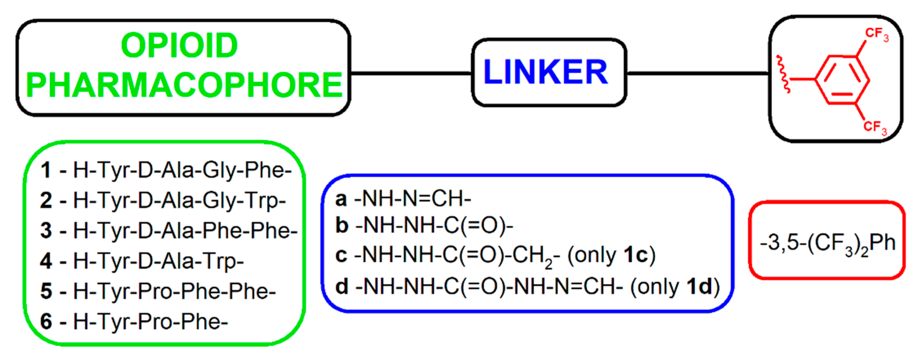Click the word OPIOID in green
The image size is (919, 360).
coord(179,45)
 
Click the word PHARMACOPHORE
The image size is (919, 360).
coord(184,85)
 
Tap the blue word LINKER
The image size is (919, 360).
coord(546,72)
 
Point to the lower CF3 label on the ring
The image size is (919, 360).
coord(875,127)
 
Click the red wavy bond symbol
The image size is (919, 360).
coord(784,74)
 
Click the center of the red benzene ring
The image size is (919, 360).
coord(842,79)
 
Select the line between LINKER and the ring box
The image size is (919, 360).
coord(697,73)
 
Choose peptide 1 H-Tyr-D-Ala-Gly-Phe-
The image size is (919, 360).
coord(182,170)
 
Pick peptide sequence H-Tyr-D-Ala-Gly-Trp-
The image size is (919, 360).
coord(179,200)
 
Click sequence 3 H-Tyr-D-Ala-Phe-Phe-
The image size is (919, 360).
coord(185,230)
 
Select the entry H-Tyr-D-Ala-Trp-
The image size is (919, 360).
coord(158,261)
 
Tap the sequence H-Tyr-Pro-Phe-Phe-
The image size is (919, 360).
coord(174,291)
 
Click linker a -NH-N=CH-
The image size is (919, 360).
coord(412,199)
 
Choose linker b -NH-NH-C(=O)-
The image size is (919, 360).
coord(433,226)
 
